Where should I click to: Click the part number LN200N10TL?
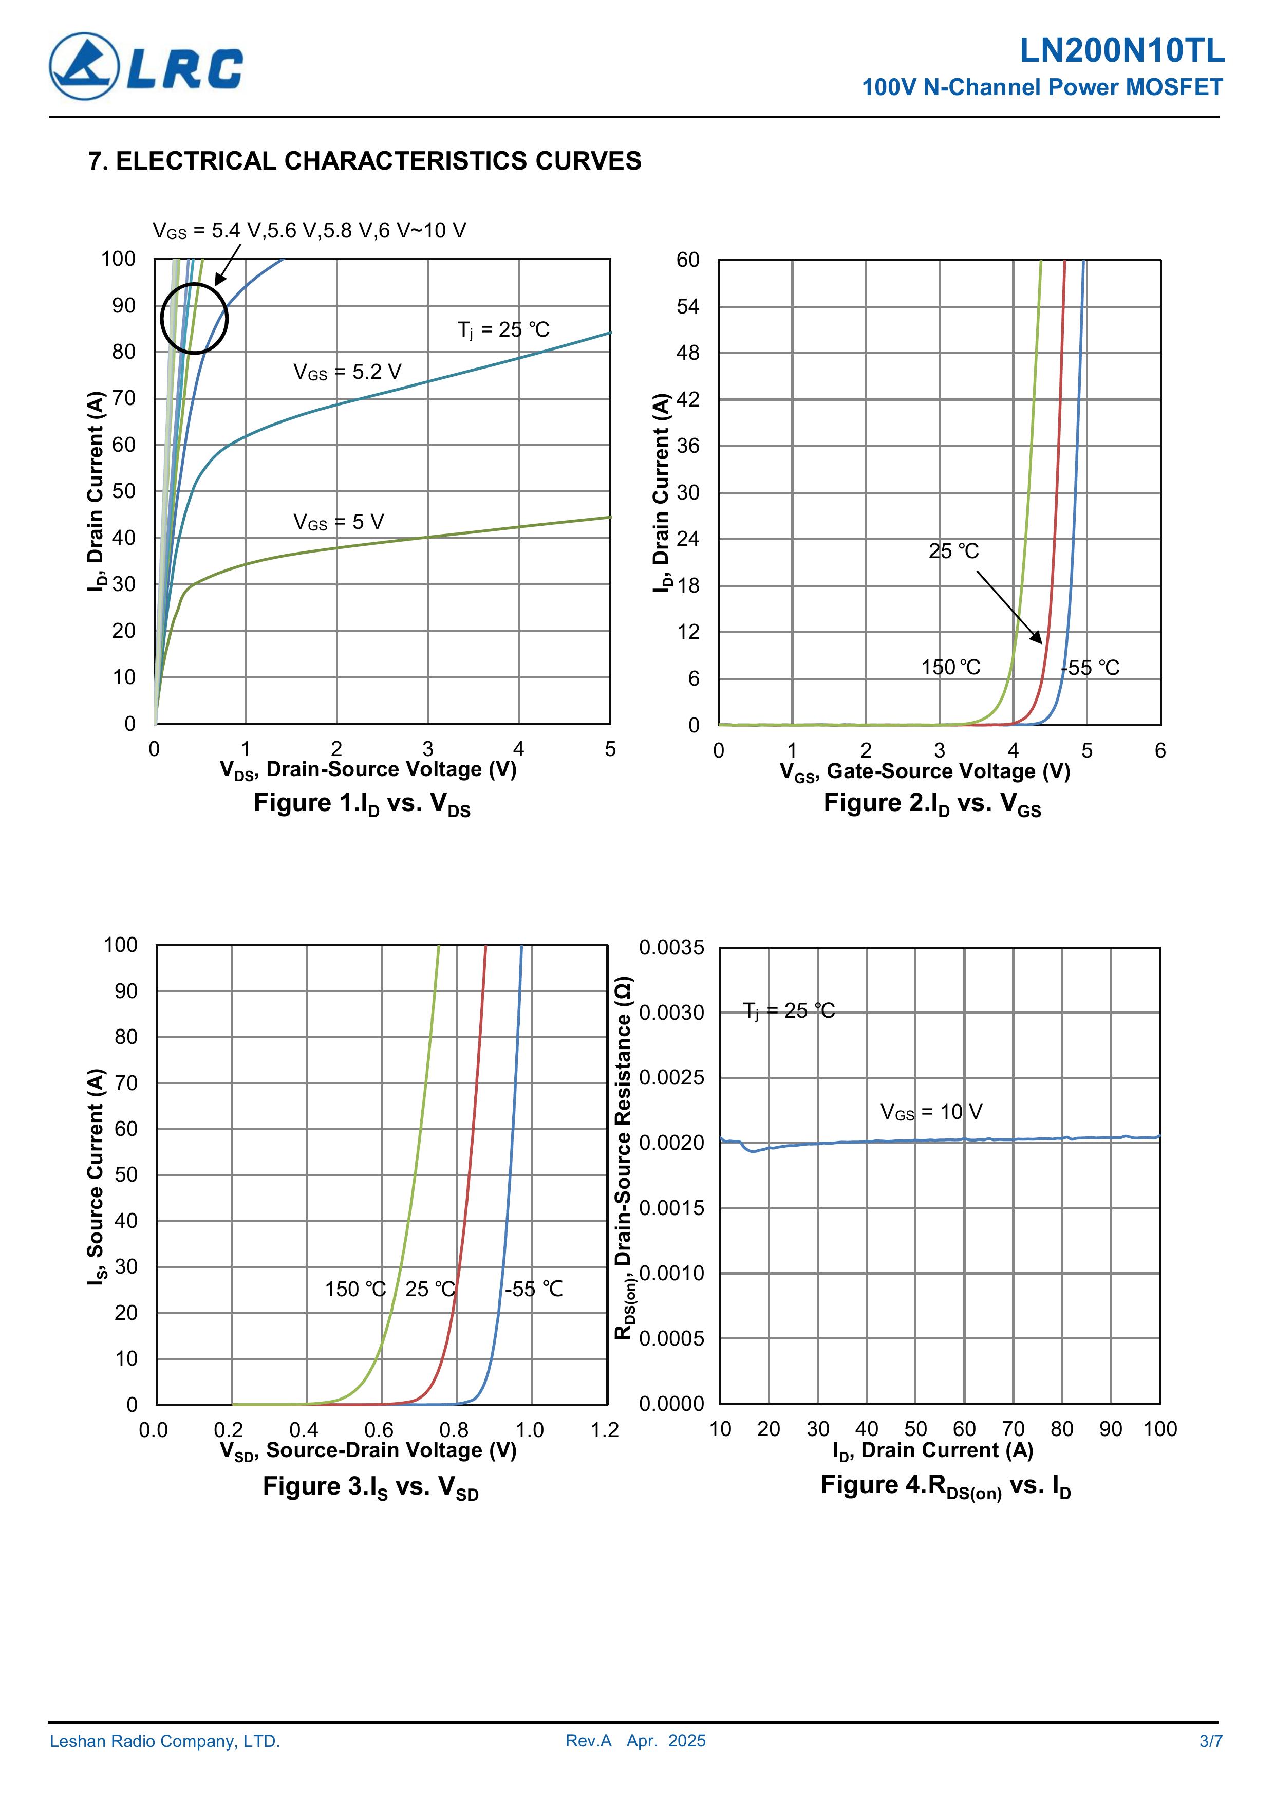coord(1121,51)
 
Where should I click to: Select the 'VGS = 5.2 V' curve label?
coord(347,372)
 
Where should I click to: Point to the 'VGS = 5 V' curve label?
coord(339,522)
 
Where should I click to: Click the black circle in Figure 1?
coord(194,319)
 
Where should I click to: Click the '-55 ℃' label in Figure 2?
coord(1090,668)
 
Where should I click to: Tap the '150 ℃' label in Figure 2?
coord(950,668)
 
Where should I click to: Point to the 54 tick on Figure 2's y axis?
coord(688,306)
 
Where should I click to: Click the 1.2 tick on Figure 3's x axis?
coord(605,1430)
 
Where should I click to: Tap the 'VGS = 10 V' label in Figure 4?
coord(931,1112)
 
